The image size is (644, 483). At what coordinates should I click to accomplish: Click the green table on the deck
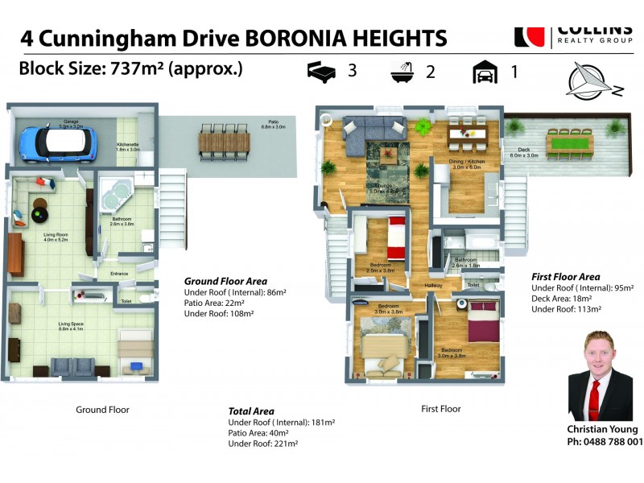point(569,143)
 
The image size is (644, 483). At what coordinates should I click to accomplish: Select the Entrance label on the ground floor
point(120,274)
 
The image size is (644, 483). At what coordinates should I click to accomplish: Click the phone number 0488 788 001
point(605,442)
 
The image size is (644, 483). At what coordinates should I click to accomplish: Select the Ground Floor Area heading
point(225,281)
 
